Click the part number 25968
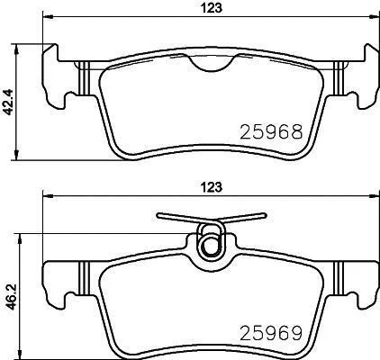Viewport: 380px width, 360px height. [271, 132]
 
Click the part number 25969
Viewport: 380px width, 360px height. [271, 333]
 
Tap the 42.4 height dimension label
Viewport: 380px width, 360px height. [9, 102]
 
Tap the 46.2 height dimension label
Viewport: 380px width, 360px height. [9, 297]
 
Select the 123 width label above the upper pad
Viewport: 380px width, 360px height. [212, 8]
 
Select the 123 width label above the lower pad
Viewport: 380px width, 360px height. [212, 187]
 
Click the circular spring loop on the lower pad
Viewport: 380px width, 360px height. [210, 246]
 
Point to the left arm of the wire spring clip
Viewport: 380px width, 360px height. [179, 218]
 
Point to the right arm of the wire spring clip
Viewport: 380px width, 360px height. [244, 218]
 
